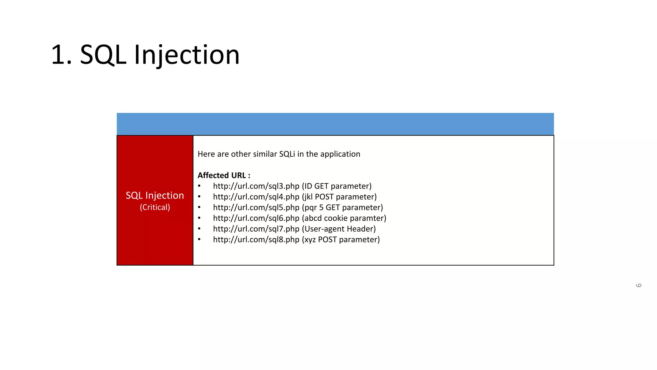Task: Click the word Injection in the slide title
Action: [x=186, y=55]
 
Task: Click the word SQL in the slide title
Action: [x=103, y=55]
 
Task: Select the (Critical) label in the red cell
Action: [x=155, y=207]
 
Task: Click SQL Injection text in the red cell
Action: [x=155, y=195]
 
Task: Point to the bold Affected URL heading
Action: [x=224, y=175]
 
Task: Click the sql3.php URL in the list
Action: [x=256, y=186]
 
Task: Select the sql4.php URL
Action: [x=256, y=197]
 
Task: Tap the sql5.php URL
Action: [x=256, y=207]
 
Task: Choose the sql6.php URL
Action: [x=256, y=218]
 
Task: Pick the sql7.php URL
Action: [x=256, y=229]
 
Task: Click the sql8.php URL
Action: [x=256, y=240]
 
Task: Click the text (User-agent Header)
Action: [x=339, y=229]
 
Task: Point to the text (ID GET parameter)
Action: [x=337, y=186]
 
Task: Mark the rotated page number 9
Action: [x=638, y=285]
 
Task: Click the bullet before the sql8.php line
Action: [x=199, y=239]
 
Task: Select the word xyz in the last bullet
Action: [x=310, y=240]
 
